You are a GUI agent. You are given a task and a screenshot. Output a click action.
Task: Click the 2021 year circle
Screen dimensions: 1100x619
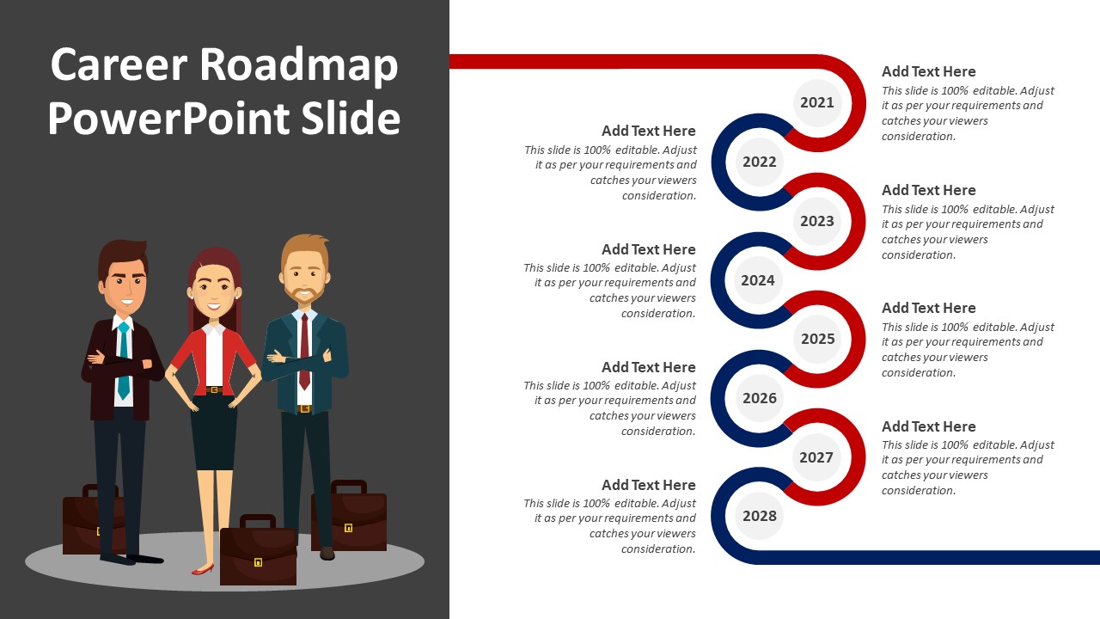click(x=817, y=102)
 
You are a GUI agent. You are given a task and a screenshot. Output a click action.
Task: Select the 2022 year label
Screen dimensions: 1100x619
click(x=759, y=162)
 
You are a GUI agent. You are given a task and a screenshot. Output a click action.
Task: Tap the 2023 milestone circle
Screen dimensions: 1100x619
click(x=817, y=221)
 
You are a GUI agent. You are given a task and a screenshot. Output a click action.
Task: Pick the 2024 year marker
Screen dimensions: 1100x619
click(x=758, y=280)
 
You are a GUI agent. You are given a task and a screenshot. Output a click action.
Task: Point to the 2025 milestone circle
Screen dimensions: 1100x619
click(x=817, y=339)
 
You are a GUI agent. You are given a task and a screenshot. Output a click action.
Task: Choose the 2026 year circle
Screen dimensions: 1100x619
click(x=759, y=398)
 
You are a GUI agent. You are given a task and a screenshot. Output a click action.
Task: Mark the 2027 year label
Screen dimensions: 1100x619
click(x=816, y=457)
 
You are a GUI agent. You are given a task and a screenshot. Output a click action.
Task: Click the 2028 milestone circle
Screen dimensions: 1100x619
click(x=759, y=516)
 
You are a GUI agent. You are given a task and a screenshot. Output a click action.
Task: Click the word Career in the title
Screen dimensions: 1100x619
click(x=119, y=64)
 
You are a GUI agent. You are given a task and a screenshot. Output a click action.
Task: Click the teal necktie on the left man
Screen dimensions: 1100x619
click(x=124, y=360)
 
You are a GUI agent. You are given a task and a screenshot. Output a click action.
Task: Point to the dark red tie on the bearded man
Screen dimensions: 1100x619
click(x=305, y=352)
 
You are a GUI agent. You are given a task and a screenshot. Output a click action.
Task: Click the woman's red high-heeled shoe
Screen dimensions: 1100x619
click(x=202, y=570)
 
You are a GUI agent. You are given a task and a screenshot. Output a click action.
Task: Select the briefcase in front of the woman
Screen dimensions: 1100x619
click(x=259, y=549)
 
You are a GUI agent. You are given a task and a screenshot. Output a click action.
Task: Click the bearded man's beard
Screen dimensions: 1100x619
click(x=305, y=294)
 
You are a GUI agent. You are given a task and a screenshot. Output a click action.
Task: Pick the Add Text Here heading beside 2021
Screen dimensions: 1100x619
click(x=929, y=71)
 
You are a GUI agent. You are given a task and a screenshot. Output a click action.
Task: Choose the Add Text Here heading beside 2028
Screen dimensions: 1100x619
click(x=649, y=486)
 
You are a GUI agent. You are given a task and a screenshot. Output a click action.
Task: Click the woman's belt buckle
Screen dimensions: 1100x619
click(x=214, y=390)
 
